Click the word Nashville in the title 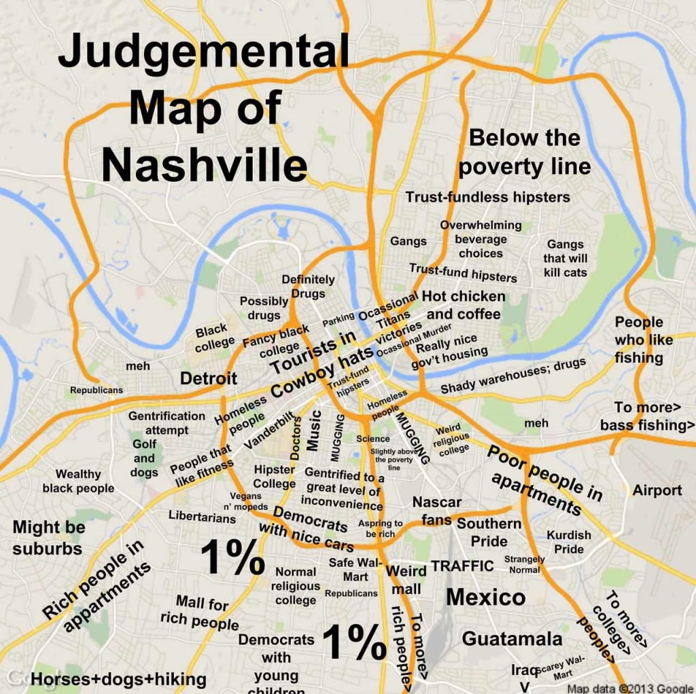pos(204,164)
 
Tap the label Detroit pos(209,378)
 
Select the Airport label pos(657,490)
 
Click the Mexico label pos(485,598)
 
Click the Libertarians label pos(203,517)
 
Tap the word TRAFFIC pos(462,566)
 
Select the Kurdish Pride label pos(569,542)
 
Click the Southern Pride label pos(489,532)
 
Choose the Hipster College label pos(275,477)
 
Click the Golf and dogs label pos(144,458)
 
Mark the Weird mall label pos(406,580)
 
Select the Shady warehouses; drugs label pos(512,376)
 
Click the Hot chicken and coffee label pos(464,305)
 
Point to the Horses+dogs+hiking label pos(118,679)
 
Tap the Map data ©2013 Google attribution pos(625,687)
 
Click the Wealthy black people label pos(78,481)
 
